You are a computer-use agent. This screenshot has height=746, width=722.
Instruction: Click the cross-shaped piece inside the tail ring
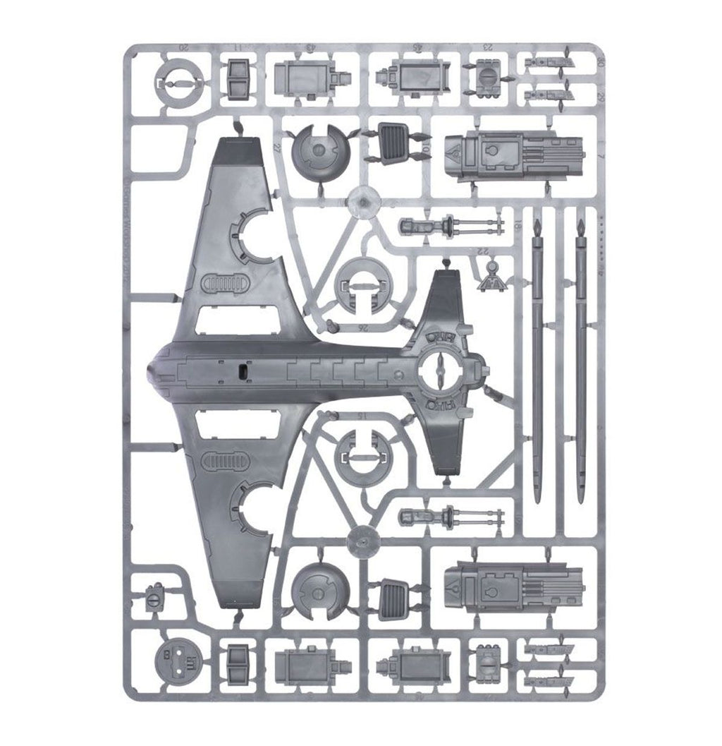437,368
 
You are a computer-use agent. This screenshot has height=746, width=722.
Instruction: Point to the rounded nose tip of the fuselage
149,370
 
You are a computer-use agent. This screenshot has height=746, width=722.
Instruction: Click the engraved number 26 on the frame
344,327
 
